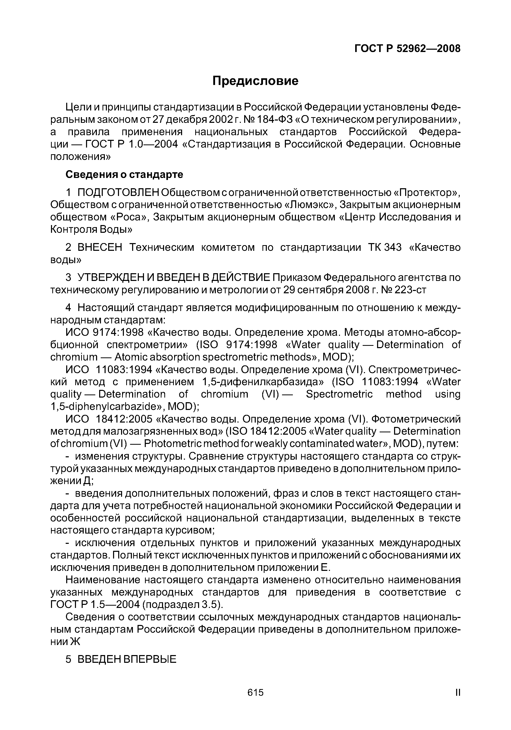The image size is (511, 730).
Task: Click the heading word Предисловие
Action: pos(255,81)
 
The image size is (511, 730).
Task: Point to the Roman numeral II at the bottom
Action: pos(458,692)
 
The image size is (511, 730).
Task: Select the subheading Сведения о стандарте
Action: pos(124,175)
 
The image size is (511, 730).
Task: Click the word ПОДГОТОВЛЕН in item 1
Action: pos(118,193)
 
